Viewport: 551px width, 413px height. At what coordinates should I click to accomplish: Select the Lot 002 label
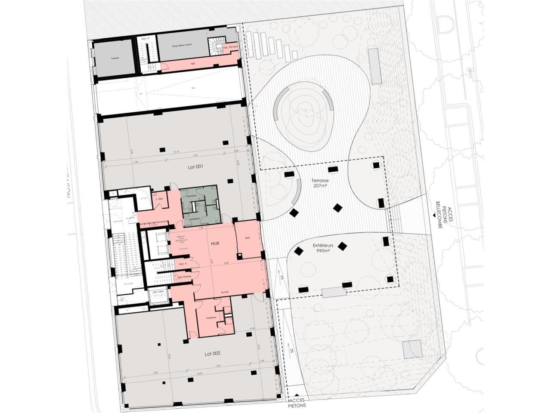212,353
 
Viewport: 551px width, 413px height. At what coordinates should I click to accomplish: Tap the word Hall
215,243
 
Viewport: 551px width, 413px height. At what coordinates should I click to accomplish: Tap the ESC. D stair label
145,39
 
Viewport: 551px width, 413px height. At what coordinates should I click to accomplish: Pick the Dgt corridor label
192,63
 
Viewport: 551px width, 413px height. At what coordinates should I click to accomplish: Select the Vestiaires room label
210,318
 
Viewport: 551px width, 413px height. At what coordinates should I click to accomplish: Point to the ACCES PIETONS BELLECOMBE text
445,214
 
